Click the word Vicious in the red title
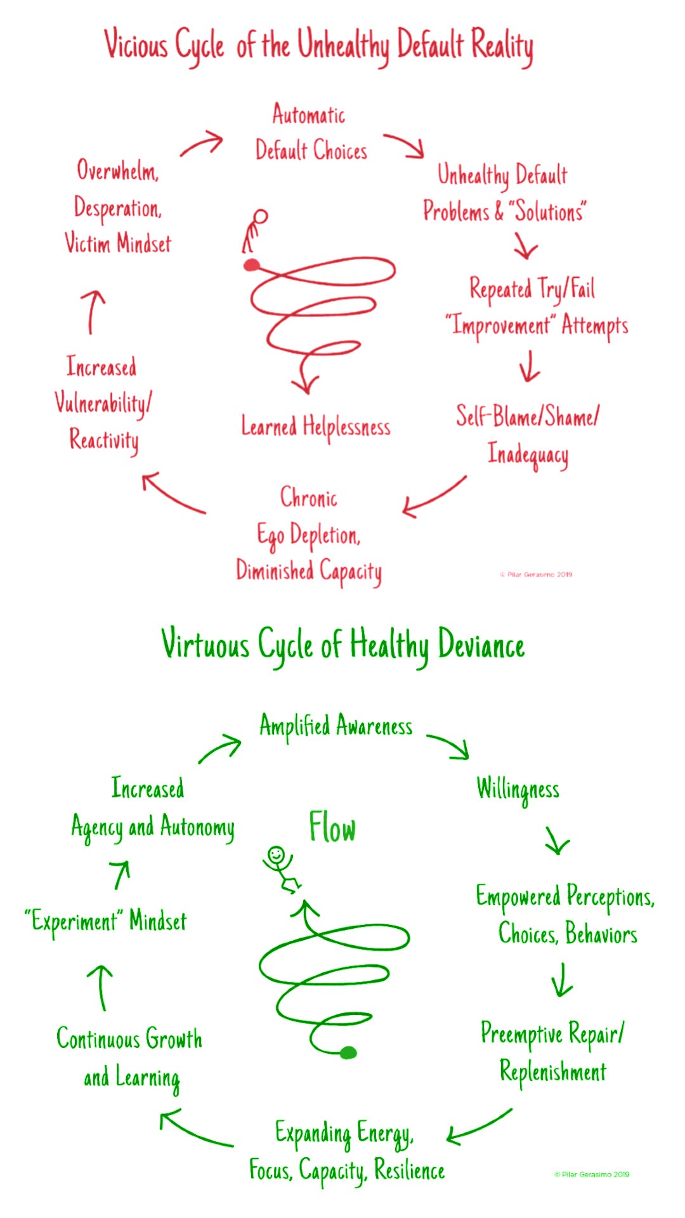pos(136,44)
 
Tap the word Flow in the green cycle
pos(332,828)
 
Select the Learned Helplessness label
pos(315,427)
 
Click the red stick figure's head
pos(260,217)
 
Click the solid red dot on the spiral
pos(252,265)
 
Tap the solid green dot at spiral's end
pos(348,1053)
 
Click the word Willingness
pos(518,790)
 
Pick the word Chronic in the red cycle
pos(309,497)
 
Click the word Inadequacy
pos(528,454)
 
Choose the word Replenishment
pos(553,1072)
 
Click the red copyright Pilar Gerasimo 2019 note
pos(537,574)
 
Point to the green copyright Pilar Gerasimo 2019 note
pos(592,1174)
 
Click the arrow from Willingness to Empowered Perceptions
pos(557,841)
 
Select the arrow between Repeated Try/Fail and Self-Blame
pos(529,366)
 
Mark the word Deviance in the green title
pos(481,646)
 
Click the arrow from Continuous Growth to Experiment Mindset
pos(101,987)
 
